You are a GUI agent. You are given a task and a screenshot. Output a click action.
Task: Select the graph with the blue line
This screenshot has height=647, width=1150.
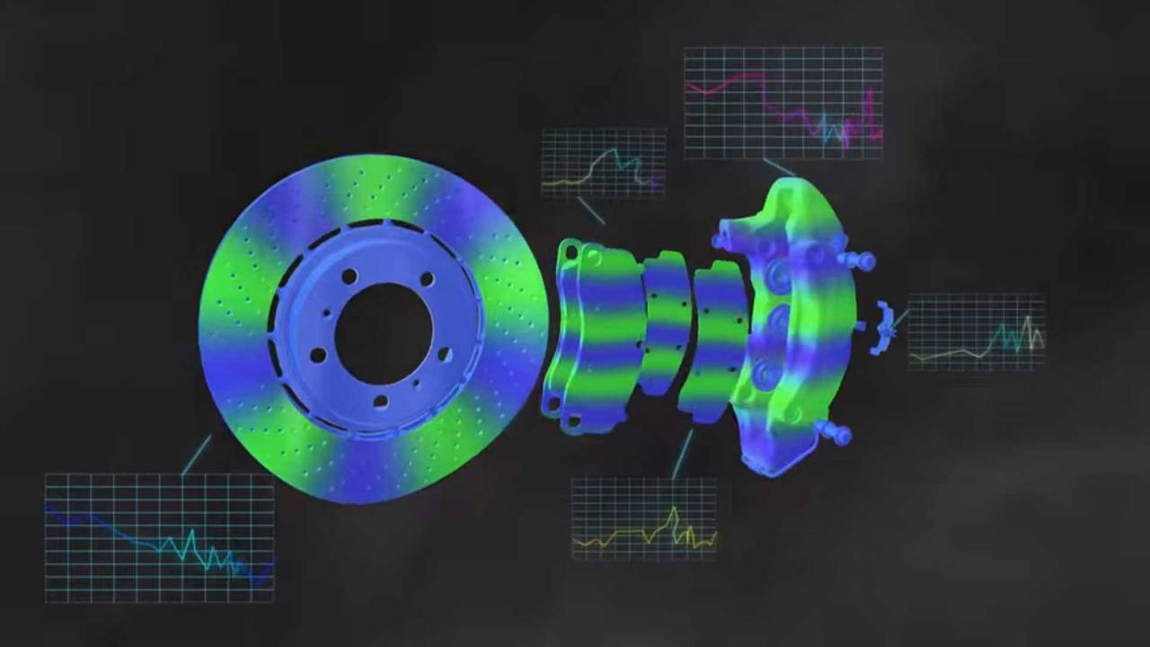tap(159, 537)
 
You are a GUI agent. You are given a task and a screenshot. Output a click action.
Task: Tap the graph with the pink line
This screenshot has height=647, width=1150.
tap(783, 103)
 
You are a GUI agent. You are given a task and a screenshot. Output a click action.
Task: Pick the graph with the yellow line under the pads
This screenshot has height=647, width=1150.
tap(644, 518)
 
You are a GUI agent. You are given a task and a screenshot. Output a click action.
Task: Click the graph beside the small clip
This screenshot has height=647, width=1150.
tap(977, 332)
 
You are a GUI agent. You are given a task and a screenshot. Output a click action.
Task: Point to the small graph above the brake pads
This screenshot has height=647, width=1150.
tap(603, 163)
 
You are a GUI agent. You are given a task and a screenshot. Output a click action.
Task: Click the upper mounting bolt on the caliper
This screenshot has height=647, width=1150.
tap(858, 261)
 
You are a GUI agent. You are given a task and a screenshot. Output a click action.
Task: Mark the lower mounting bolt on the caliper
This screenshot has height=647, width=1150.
tap(836, 433)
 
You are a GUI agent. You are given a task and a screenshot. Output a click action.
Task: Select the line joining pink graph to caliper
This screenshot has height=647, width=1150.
tap(778, 167)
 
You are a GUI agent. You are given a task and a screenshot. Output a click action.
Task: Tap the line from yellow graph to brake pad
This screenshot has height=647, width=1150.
tap(682, 454)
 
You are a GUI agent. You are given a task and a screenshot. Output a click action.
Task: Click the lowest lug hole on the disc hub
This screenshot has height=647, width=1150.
tap(380, 401)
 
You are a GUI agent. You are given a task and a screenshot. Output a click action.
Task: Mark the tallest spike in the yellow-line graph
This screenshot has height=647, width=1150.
tap(674, 514)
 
